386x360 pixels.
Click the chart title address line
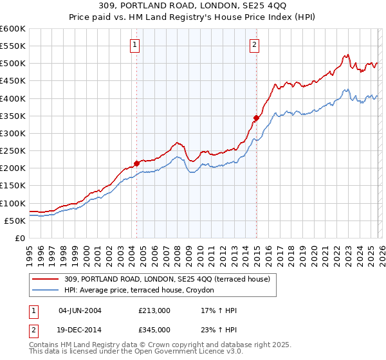click(192, 7)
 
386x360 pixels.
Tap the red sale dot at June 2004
click(136, 163)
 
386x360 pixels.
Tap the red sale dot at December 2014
click(256, 118)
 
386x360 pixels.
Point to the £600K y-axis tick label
click(12, 29)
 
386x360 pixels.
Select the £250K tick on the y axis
click(12, 150)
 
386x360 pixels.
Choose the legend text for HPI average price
click(143, 291)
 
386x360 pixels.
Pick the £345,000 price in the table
click(154, 329)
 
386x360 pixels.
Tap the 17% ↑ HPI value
click(219, 310)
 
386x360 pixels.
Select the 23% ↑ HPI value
click(219, 329)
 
